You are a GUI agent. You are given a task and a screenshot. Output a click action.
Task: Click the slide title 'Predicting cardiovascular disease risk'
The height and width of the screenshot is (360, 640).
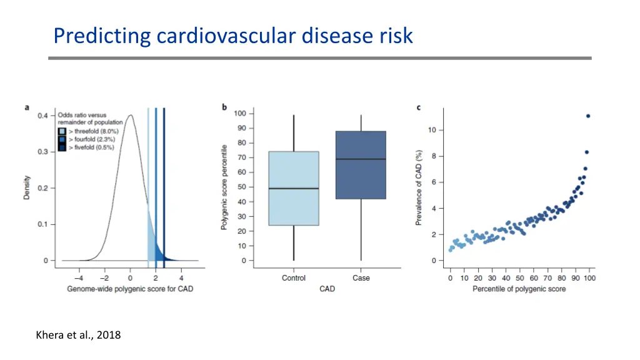pyautogui.click(x=233, y=36)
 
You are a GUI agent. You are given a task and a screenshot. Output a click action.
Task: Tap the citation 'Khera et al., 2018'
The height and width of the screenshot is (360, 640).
pyautogui.click(x=79, y=335)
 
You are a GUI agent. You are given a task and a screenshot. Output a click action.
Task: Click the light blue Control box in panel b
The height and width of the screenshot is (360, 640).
pyautogui.click(x=294, y=188)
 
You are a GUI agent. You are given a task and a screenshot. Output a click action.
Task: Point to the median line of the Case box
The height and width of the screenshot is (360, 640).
pyautogui.click(x=361, y=159)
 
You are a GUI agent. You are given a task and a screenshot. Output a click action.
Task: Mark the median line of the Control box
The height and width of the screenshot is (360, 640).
pyautogui.click(x=294, y=188)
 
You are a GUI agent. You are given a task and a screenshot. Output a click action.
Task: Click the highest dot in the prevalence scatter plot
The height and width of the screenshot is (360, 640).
pyautogui.click(x=588, y=116)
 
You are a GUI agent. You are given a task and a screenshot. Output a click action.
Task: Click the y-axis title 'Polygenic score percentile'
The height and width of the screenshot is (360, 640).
pyautogui.click(x=224, y=187)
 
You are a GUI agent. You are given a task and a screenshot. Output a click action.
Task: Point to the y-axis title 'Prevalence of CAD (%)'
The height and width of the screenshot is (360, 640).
pyautogui.click(x=420, y=187)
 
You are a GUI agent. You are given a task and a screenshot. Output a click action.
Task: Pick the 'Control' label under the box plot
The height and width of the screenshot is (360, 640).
pyautogui.click(x=294, y=278)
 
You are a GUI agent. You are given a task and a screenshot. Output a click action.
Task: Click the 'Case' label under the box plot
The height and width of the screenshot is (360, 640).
pyautogui.click(x=361, y=278)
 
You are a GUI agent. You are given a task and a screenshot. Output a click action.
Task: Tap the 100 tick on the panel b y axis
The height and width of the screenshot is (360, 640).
pyautogui.click(x=240, y=114)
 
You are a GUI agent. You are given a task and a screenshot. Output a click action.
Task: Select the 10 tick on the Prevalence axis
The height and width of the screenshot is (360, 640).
pyautogui.click(x=432, y=130)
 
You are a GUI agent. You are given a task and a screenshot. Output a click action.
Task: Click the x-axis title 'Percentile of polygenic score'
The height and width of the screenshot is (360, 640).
pyautogui.click(x=519, y=289)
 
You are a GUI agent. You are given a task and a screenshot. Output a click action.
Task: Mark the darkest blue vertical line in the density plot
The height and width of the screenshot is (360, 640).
pyautogui.click(x=164, y=187)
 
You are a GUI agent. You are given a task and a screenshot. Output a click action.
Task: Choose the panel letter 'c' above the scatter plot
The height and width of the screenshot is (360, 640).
pyautogui.click(x=419, y=107)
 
